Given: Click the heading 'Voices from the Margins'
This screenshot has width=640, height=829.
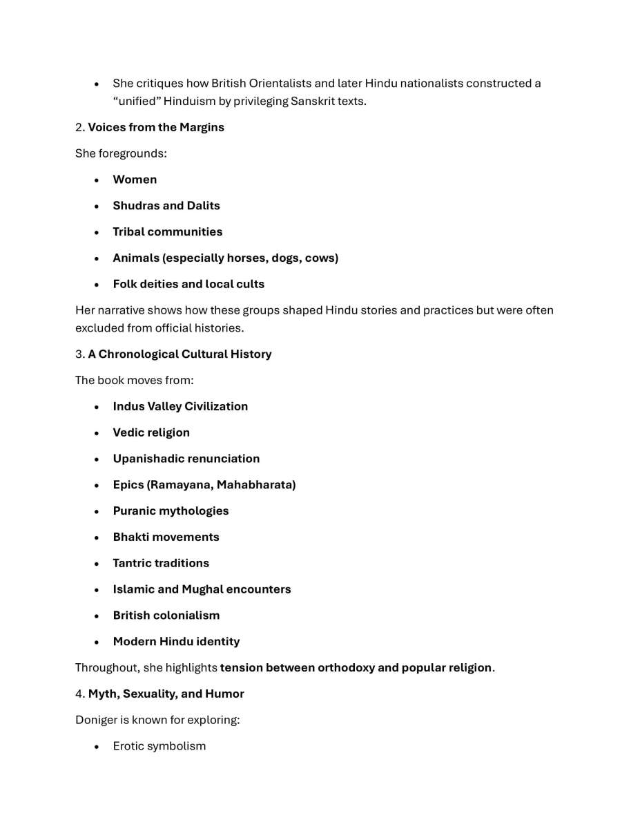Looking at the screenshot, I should [156, 127].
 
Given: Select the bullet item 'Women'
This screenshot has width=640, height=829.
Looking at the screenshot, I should [135, 180].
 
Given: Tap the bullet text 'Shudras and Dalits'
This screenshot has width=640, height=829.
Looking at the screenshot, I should [166, 206].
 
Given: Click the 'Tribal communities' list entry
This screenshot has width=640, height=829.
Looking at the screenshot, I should [168, 232].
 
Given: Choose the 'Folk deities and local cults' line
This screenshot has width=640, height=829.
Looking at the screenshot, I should [188, 285].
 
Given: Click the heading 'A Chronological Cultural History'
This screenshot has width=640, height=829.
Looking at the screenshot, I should [180, 354].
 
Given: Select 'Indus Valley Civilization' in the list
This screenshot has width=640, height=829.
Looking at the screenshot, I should [180, 407].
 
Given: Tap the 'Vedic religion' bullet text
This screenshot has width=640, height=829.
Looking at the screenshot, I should [151, 433].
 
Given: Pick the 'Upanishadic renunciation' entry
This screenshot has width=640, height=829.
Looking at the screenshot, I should [186, 459].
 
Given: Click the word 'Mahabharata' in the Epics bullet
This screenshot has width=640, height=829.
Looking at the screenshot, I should [255, 486].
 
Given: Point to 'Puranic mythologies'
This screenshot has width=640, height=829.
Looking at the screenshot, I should [171, 512].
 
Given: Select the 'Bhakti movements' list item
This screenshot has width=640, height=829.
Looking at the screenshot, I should [166, 537].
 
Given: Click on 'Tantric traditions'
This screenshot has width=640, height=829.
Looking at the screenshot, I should [161, 564].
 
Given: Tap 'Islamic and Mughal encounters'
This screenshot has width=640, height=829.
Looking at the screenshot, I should [202, 590].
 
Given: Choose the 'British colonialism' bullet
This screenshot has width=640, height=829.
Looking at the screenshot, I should [166, 616].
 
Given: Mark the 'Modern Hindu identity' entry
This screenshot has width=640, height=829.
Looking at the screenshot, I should [176, 642].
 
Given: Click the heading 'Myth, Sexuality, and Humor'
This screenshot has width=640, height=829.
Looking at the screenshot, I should [166, 694].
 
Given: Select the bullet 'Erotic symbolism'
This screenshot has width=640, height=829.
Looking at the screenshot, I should [159, 747].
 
